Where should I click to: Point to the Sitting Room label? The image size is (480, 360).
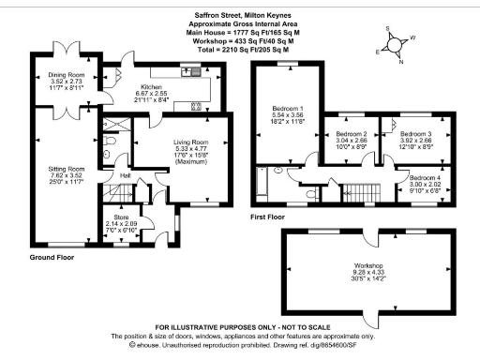tap(66, 169)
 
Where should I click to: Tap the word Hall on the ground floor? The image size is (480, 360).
tap(125, 175)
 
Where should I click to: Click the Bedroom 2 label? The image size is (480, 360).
tap(352, 134)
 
